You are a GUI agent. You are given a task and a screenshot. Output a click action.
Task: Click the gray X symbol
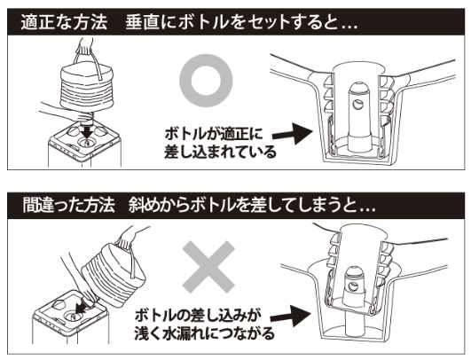pyautogui.click(x=208, y=267)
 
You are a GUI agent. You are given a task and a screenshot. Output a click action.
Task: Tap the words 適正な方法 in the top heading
pyautogui.click(x=64, y=22)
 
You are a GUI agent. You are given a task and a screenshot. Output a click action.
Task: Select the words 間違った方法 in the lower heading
pyautogui.click(x=68, y=205)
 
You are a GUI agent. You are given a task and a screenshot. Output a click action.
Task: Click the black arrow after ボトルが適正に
pyautogui.click(x=293, y=133)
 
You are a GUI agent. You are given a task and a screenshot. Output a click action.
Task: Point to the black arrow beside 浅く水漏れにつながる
pyautogui.click(x=290, y=316)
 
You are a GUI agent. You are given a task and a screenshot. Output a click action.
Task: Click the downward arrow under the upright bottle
pyautogui.click(x=88, y=132)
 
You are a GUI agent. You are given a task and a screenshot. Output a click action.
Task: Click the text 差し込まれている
pyautogui.click(x=220, y=152)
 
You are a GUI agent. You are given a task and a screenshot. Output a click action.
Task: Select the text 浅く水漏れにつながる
pyautogui.click(x=204, y=333)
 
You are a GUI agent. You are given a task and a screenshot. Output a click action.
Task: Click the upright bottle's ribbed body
pyautogui.click(x=87, y=88)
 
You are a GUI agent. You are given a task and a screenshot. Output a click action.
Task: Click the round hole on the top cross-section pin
pyautogui.click(x=357, y=105)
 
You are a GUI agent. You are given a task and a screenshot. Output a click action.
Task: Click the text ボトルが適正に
pyautogui.click(x=214, y=134)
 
